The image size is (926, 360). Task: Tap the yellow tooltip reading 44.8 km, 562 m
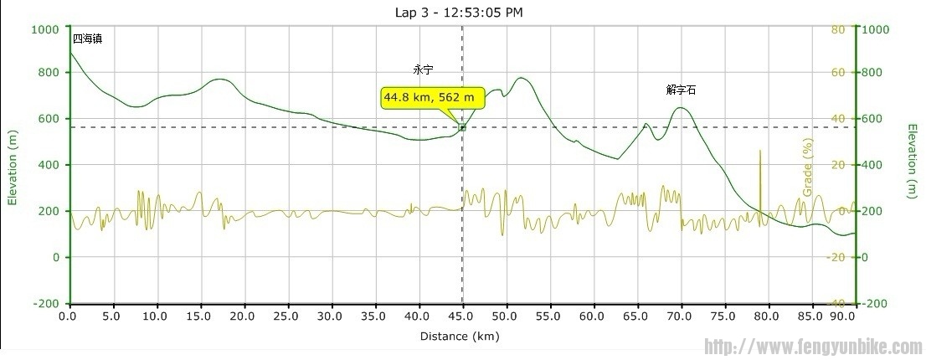[433, 98]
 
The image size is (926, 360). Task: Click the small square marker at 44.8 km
[462, 126]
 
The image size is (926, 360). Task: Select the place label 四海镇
[87, 39]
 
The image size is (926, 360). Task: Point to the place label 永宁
[424, 70]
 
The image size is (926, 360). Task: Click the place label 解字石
[682, 89]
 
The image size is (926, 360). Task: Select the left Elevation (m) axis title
[12, 167]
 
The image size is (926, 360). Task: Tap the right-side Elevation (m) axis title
[912, 162]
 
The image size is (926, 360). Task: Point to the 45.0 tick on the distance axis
[462, 316]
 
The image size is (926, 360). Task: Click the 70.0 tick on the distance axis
[681, 316]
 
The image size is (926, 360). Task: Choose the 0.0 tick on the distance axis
[69, 316]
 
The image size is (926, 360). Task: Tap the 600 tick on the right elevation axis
[876, 119]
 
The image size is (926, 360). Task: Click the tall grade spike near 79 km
[759, 167]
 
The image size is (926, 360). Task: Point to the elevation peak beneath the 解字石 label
[682, 108]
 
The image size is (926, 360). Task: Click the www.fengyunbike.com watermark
[813, 347]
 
